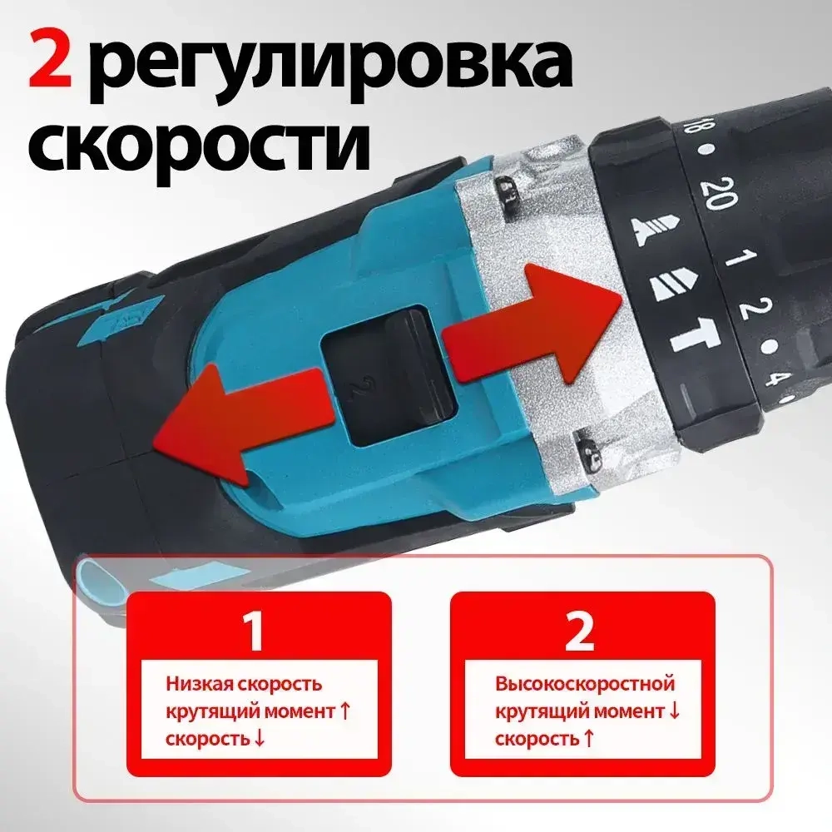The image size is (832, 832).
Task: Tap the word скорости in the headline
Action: (x=199, y=148)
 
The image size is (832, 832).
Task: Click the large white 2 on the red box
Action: (x=579, y=631)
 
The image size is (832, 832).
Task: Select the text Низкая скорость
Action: (x=243, y=685)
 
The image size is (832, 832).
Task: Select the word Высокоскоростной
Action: (x=585, y=685)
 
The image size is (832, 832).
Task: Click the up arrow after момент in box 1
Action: (x=342, y=711)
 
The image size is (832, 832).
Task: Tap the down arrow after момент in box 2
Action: (x=674, y=711)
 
